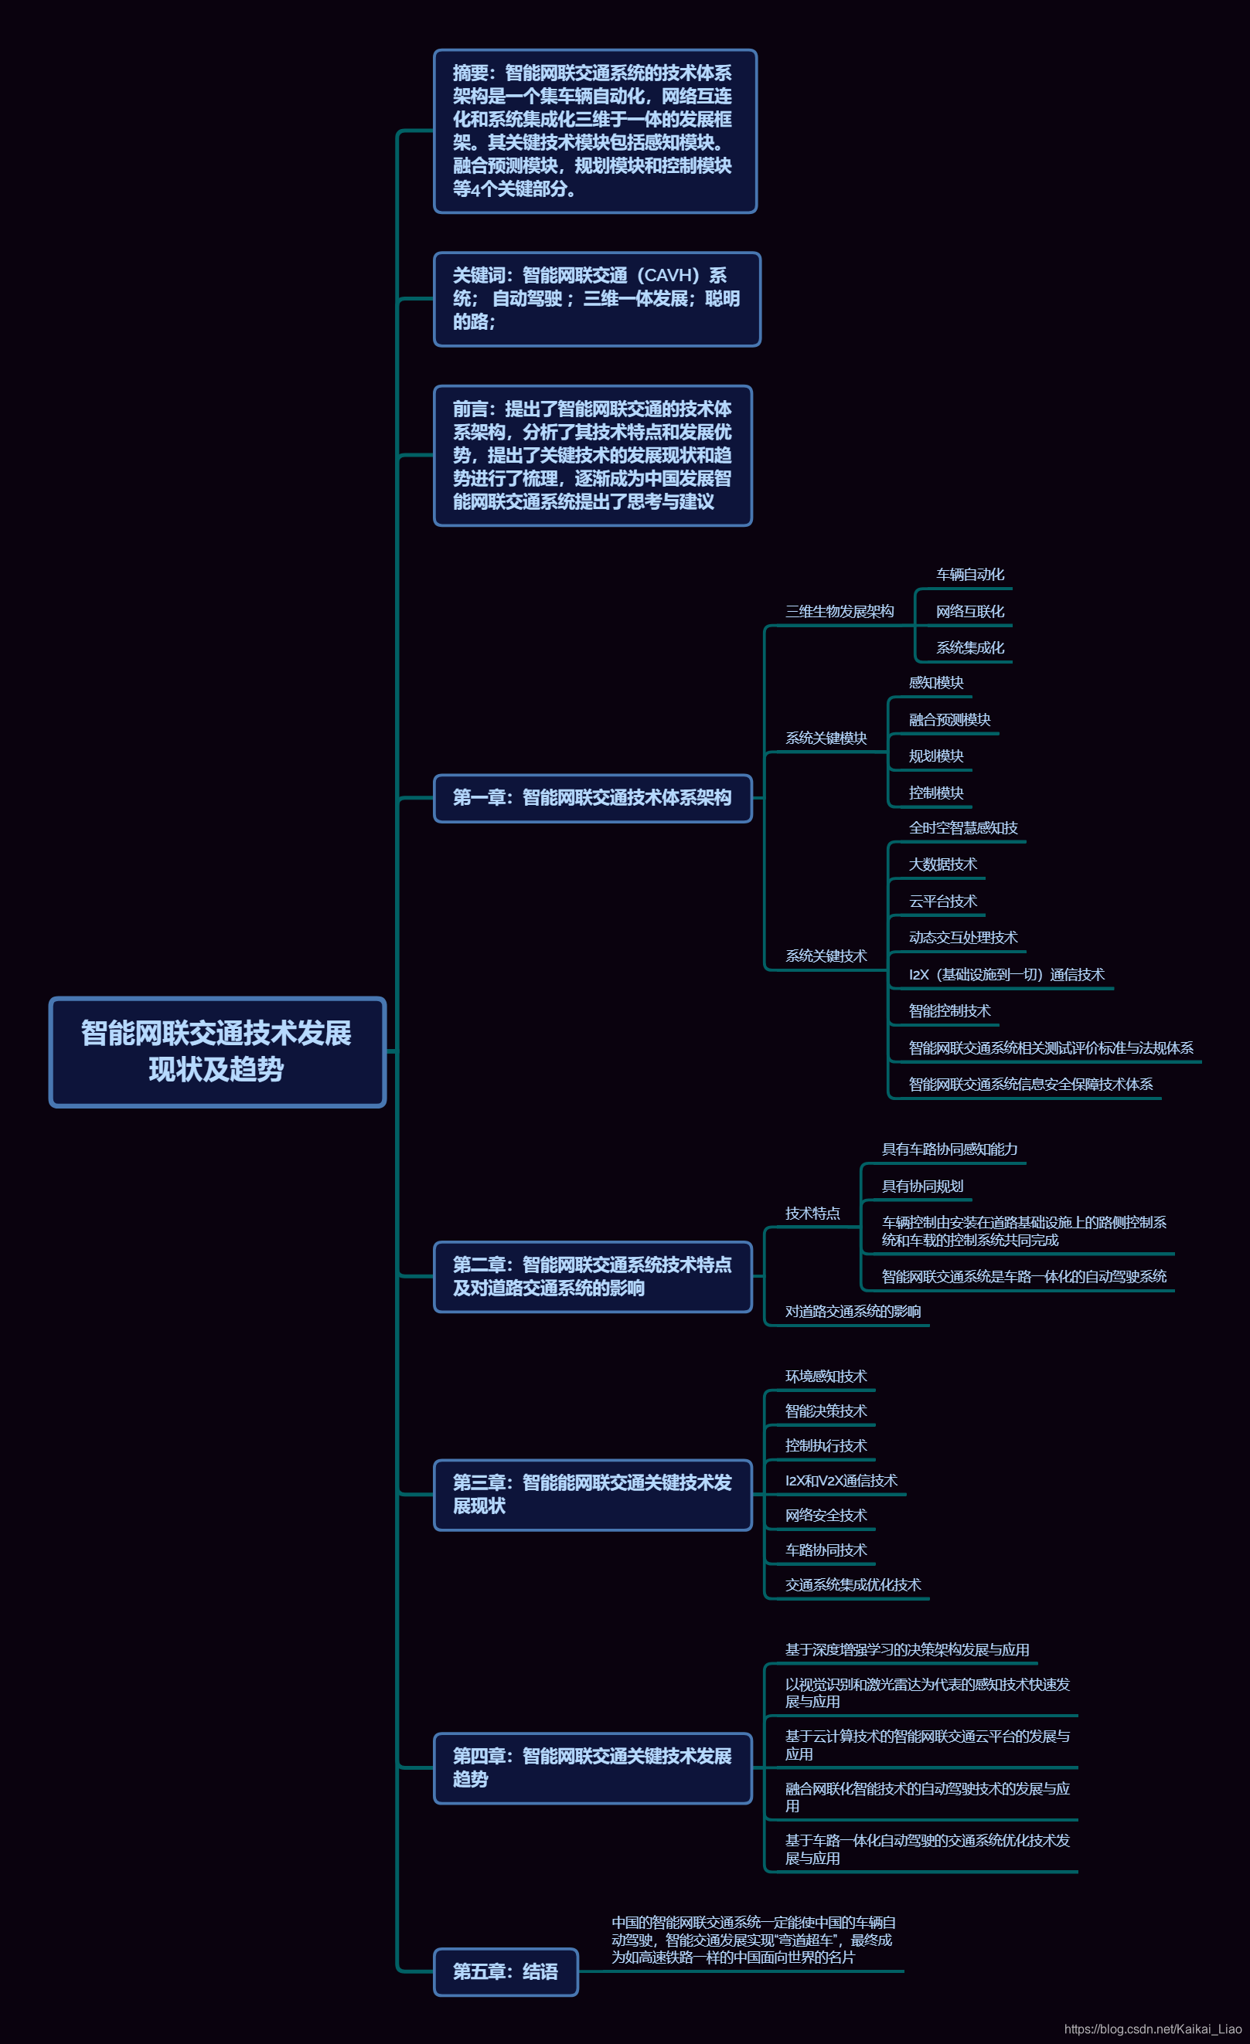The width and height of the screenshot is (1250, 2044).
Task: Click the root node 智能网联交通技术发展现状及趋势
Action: click(217, 1051)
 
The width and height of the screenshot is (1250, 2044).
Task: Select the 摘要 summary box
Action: click(595, 131)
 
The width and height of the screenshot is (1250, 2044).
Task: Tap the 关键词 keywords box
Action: click(597, 299)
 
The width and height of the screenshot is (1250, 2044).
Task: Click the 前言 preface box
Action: click(593, 456)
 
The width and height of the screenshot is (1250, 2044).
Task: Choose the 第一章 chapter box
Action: click(593, 798)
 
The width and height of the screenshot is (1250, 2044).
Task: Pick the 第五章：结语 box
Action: click(506, 1972)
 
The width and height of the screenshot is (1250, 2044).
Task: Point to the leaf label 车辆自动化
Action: click(969, 575)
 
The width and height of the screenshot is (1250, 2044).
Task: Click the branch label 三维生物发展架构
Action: click(840, 611)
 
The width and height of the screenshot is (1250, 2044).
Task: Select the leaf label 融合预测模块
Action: click(949, 720)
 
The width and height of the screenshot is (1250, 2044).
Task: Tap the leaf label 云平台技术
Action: click(943, 901)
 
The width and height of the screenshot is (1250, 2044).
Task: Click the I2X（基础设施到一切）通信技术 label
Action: click(1006, 975)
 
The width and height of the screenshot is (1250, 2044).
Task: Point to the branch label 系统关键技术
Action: click(826, 956)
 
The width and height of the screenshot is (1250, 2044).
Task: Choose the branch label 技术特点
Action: click(812, 1214)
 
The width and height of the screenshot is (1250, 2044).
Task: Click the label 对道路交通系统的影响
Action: click(853, 1312)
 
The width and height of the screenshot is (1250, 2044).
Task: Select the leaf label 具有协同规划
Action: click(922, 1187)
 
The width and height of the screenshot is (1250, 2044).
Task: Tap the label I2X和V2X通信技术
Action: click(841, 1481)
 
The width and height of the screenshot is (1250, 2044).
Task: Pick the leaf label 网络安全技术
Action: click(826, 1516)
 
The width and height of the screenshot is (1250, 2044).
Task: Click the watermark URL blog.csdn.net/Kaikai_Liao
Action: click(1152, 2029)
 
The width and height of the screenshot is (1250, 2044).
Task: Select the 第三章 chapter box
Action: click(593, 1494)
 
